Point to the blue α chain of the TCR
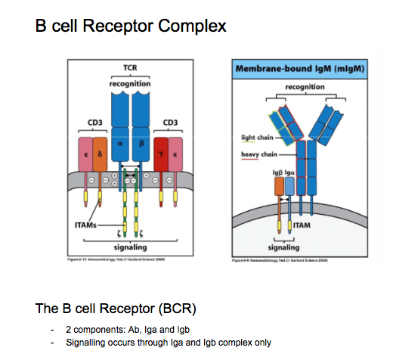[x=119, y=141]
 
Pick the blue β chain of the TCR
[x=141, y=141]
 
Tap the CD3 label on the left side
[x=91, y=123]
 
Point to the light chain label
[x=258, y=139]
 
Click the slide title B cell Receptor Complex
[x=130, y=26]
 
